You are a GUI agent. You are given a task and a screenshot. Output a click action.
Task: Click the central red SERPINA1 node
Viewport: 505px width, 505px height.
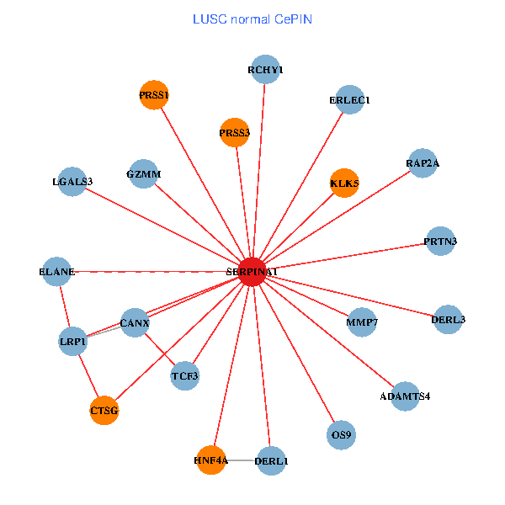(252, 272)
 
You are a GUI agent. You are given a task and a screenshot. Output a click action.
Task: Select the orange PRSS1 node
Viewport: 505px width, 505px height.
(155, 95)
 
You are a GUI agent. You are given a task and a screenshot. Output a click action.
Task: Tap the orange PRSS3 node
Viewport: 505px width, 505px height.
(235, 132)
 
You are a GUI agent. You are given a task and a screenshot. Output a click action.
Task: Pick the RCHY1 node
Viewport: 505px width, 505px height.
(265, 70)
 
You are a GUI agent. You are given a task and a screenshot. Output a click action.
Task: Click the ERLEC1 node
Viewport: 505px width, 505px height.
(349, 100)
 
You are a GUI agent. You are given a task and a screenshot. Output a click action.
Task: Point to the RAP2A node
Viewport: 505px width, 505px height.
(423, 163)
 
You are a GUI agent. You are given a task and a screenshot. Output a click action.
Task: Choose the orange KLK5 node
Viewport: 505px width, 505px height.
(344, 183)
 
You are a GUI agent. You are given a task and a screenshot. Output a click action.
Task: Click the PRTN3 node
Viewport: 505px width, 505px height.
(441, 242)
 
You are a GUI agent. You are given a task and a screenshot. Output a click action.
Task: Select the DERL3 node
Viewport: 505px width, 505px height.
(448, 319)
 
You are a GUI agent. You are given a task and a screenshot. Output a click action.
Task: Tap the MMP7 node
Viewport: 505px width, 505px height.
(362, 322)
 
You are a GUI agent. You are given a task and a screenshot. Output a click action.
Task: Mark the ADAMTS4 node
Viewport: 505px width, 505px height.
(405, 396)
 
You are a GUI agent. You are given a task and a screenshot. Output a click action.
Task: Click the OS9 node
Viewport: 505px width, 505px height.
(342, 435)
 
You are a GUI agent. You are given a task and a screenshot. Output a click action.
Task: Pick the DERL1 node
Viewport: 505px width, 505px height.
(271, 460)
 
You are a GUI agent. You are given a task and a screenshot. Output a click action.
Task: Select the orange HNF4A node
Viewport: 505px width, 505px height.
(210, 460)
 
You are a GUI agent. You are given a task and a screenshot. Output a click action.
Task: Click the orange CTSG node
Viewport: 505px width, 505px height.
(104, 411)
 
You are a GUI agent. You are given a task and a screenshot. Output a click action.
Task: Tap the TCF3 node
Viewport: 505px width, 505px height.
(185, 375)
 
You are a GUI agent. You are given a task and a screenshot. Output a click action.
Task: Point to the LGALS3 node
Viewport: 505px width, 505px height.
(72, 181)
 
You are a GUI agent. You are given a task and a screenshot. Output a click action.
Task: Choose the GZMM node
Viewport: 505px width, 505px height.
(144, 174)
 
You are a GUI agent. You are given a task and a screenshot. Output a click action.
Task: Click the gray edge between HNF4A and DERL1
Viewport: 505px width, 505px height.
(241, 460)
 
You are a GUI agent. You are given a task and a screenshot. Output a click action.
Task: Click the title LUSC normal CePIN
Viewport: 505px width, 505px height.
(252, 19)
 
